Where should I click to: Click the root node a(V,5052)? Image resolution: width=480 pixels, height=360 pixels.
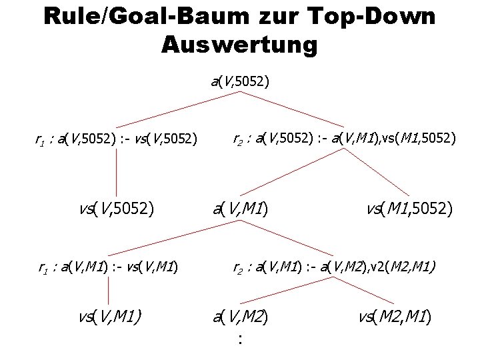coord(240,83)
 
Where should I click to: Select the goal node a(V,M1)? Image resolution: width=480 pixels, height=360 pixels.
coord(241,210)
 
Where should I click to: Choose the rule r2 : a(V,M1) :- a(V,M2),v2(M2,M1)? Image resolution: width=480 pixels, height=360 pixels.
coord(334,268)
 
